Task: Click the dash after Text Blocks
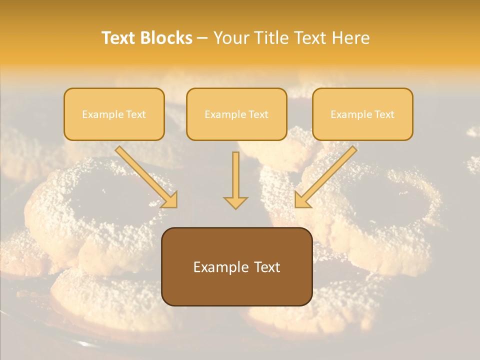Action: (202, 38)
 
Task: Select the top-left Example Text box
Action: (114, 114)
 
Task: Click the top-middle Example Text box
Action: (236, 114)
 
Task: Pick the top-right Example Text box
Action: (362, 114)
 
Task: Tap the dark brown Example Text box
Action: (236, 266)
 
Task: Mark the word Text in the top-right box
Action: (384, 114)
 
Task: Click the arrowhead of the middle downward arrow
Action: (235, 202)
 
